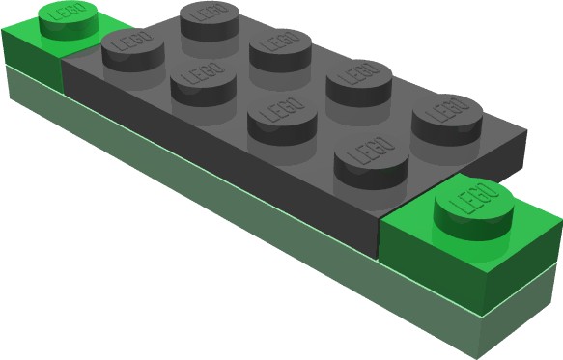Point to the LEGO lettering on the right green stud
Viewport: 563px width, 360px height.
pos(474,198)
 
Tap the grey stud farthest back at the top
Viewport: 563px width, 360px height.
pos(210,21)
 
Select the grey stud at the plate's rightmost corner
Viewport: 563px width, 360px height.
pos(447,120)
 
